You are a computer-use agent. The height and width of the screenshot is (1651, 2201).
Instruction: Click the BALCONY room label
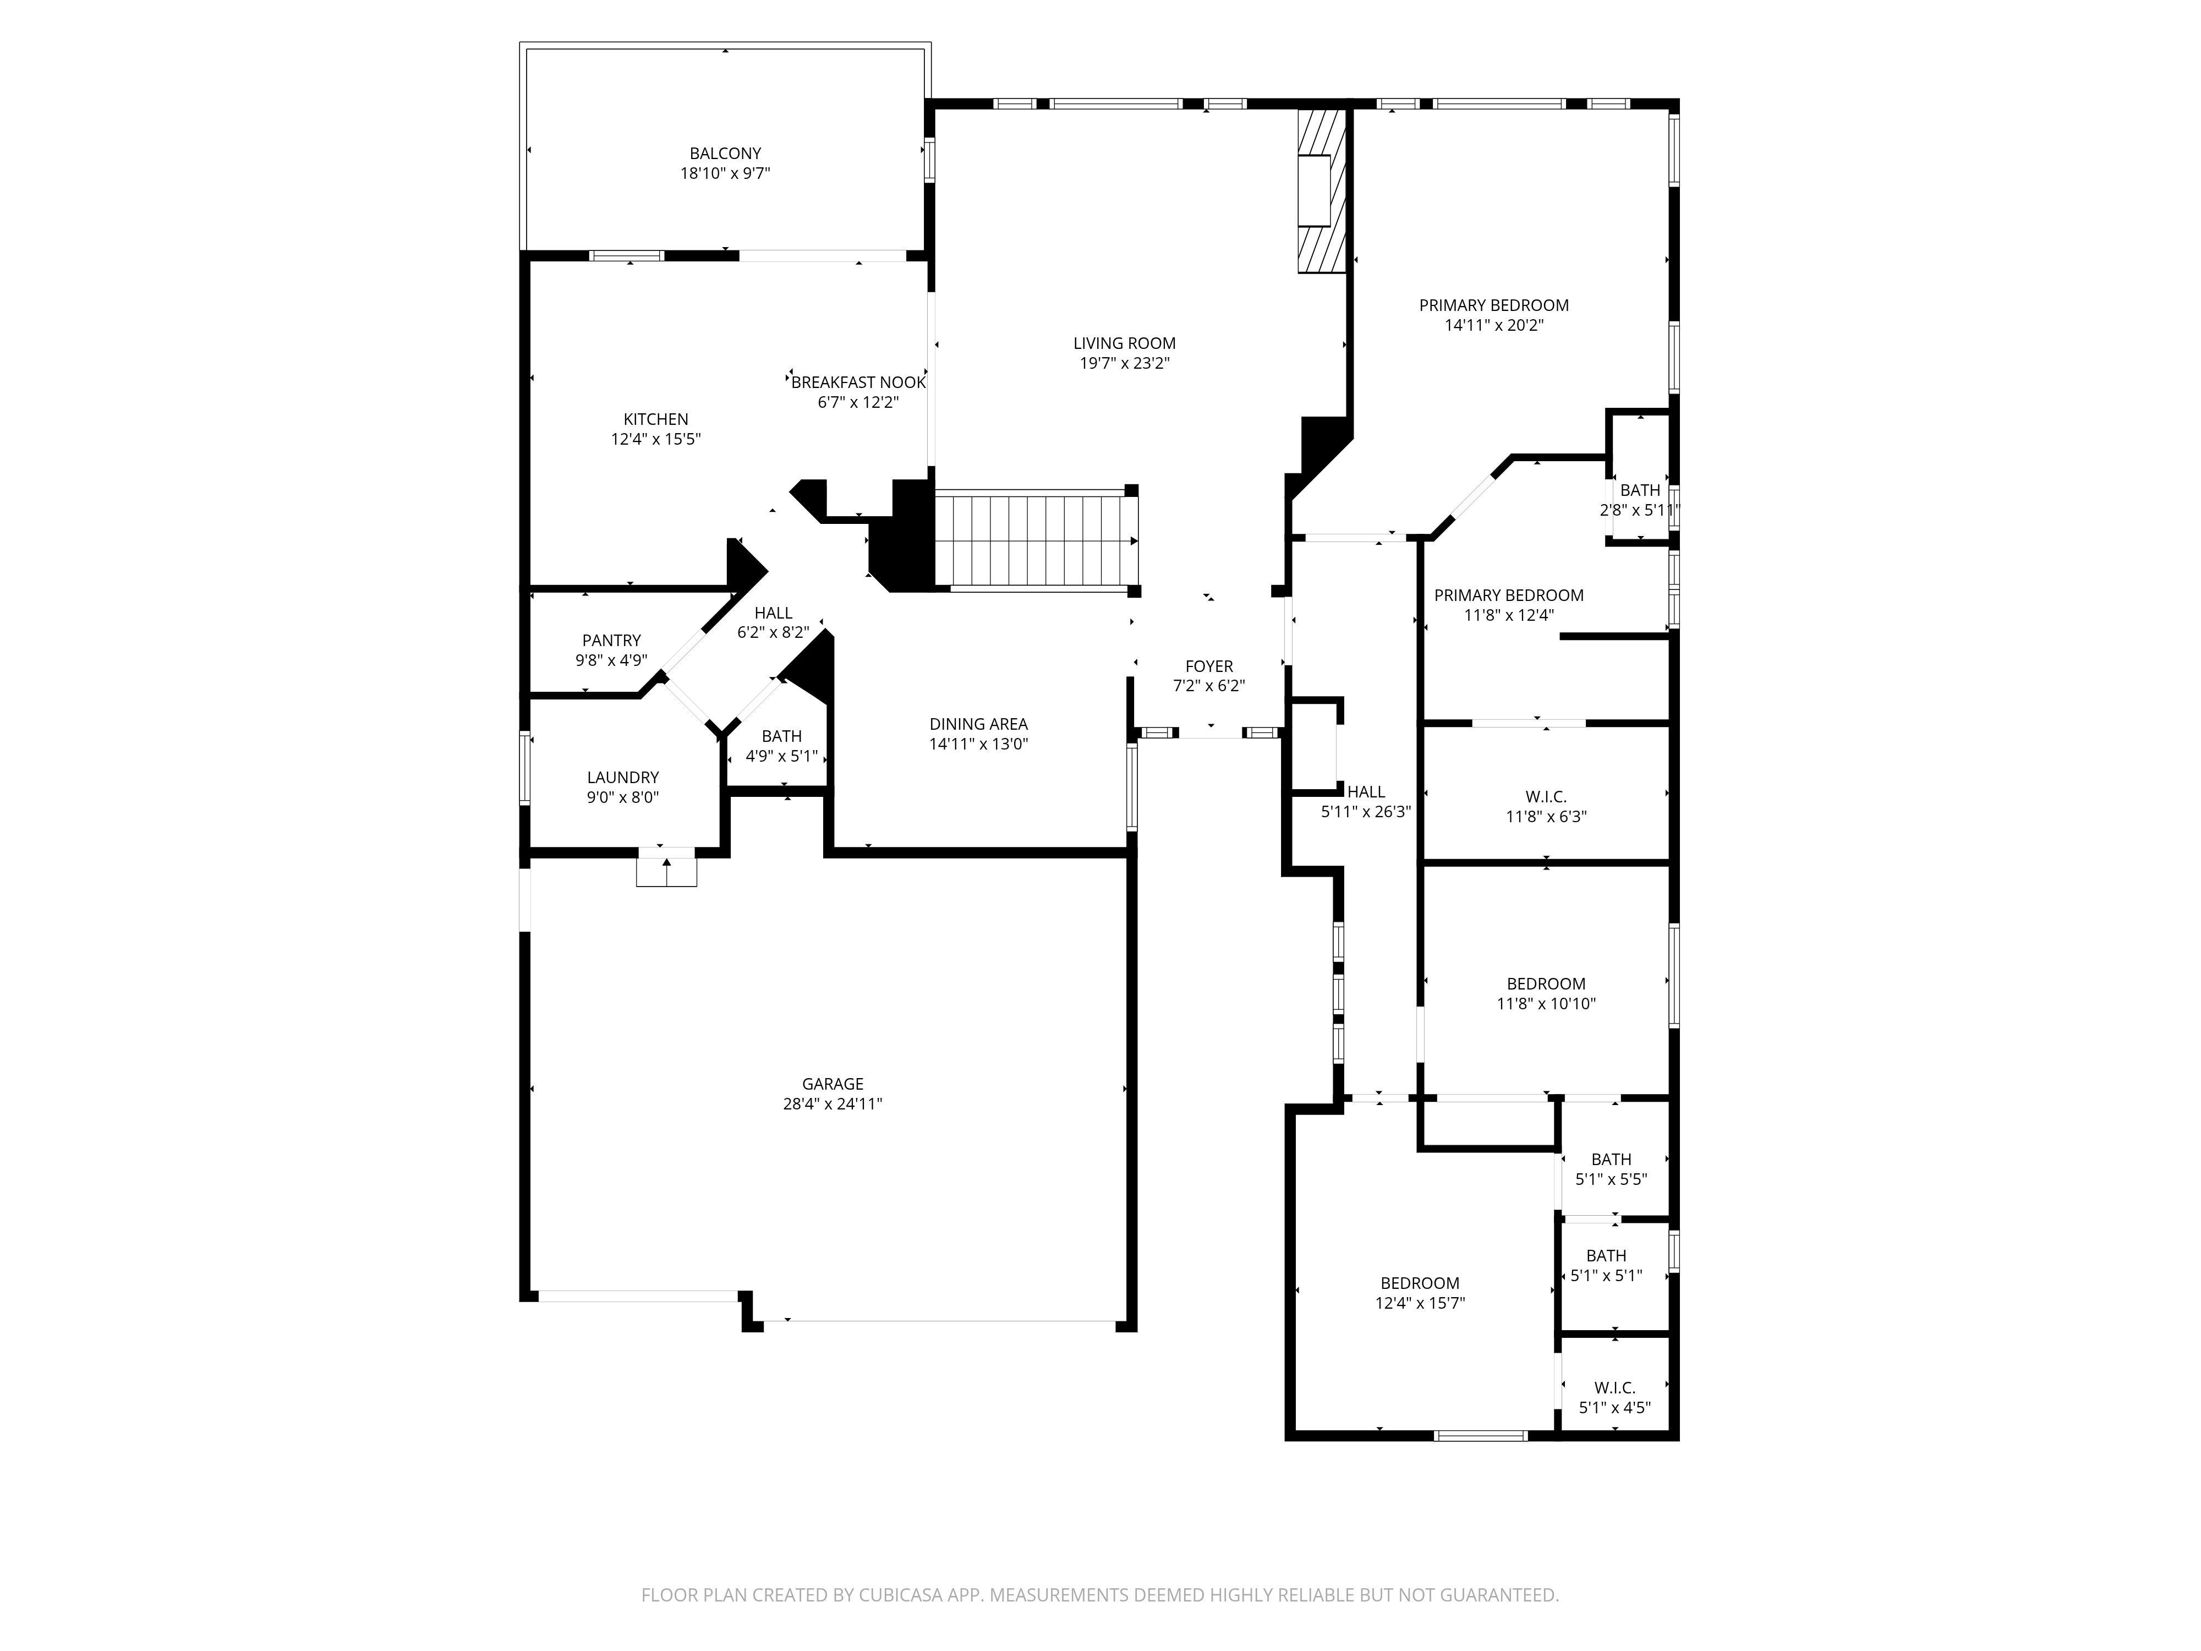tap(725, 153)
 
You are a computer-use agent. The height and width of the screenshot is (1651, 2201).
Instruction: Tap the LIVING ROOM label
tap(1124, 343)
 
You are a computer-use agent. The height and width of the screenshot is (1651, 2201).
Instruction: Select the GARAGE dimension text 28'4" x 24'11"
tap(833, 1103)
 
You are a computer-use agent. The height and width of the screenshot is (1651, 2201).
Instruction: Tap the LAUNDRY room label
tap(623, 777)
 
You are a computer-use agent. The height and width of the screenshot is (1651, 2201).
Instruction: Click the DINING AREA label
tap(978, 724)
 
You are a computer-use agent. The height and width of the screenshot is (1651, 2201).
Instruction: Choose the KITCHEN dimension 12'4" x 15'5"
tap(656, 439)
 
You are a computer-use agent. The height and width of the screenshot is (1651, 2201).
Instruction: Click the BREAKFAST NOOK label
tap(859, 382)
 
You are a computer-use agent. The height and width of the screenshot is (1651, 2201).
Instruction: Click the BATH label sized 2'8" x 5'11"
tap(1640, 491)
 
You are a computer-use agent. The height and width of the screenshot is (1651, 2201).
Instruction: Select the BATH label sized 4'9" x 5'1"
tap(781, 736)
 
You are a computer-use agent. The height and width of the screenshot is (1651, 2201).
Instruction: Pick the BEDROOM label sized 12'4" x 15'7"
tap(1419, 1284)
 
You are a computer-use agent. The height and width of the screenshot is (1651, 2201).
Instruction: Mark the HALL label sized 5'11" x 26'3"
tap(1366, 792)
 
